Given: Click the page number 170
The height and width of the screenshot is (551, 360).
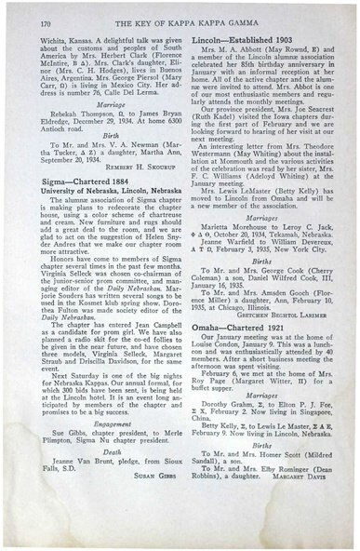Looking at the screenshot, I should [x=34, y=16].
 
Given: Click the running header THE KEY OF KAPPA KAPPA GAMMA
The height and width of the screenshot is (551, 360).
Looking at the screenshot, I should [x=182, y=16].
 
